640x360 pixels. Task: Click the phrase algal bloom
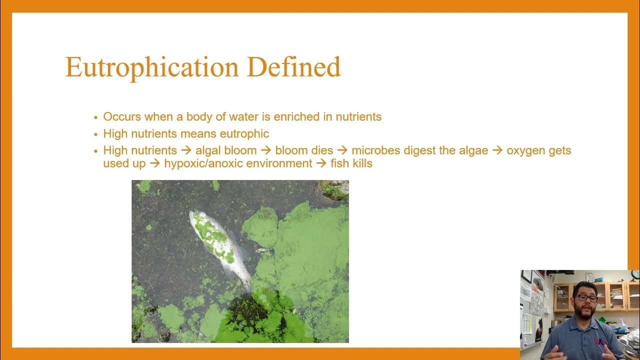click(226, 150)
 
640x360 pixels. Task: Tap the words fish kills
click(351, 163)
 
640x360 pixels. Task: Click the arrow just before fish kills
click(321, 163)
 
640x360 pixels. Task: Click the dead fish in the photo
click(220, 247)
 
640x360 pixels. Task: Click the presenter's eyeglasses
click(585, 298)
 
